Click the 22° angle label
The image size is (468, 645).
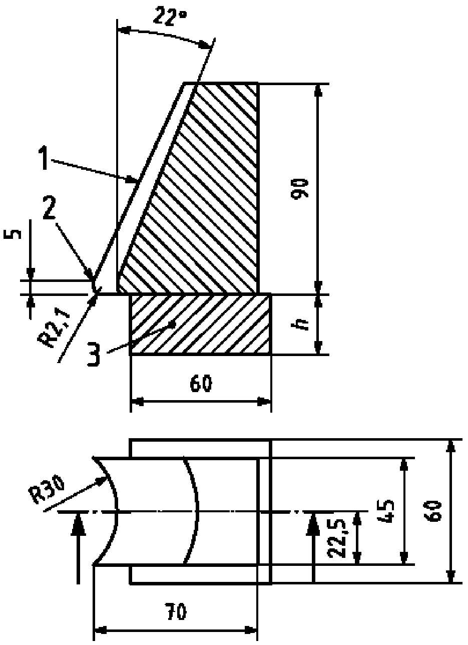(170, 17)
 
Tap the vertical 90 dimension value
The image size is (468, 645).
(300, 189)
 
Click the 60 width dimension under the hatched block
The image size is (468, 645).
(201, 383)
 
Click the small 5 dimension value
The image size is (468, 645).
(12, 234)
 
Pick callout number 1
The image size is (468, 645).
(43, 158)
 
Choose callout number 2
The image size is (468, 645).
(49, 207)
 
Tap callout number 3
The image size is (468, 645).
(94, 355)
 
